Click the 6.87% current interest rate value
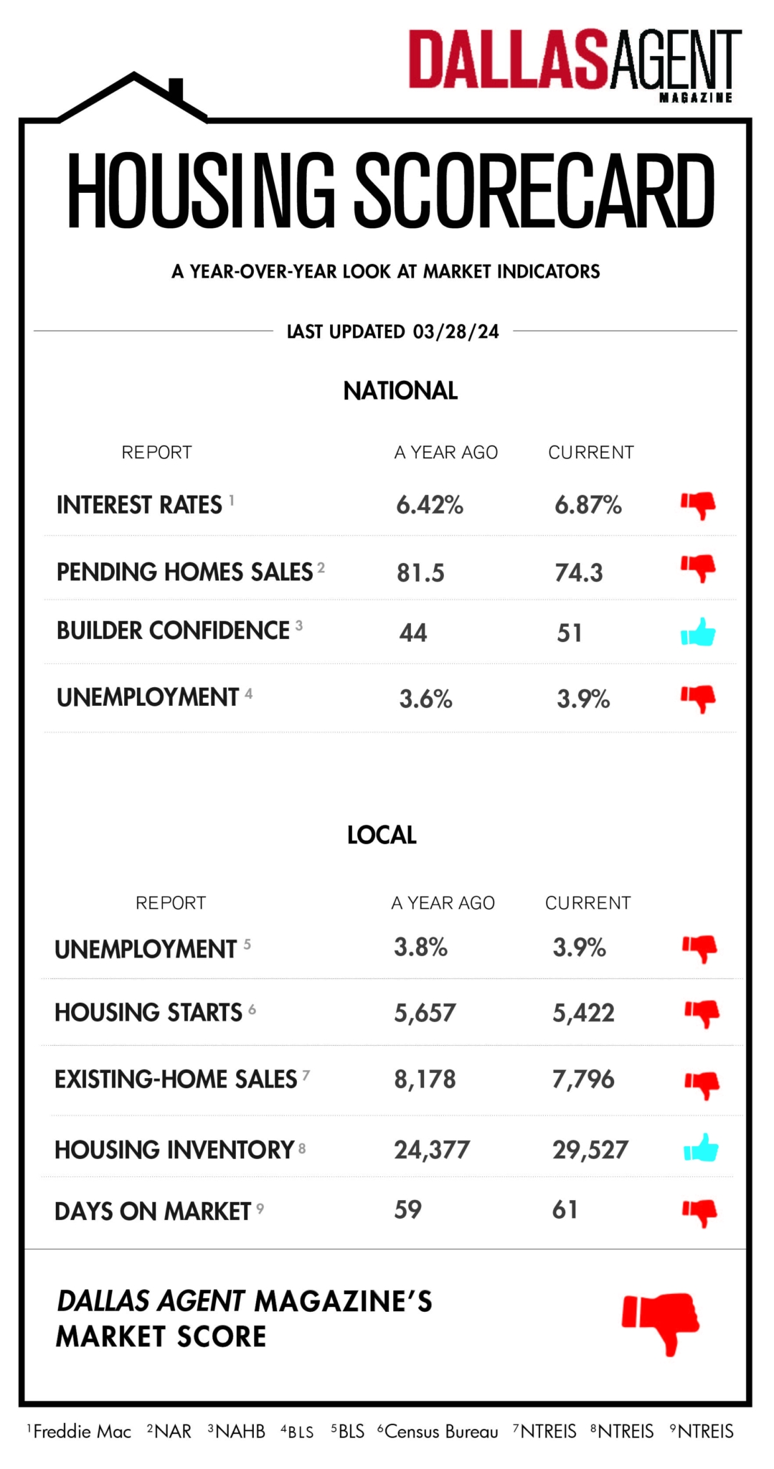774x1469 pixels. [x=587, y=505]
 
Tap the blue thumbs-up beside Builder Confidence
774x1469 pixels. [x=698, y=633]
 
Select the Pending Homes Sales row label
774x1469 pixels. [x=184, y=572]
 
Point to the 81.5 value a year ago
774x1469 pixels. [x=420, y=573]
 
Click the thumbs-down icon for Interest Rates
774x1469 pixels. [x=699, y=505]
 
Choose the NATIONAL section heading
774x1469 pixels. [x=400, y=391]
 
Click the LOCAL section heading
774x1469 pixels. [x=382, y=835]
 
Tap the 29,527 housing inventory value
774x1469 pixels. [x=590, y=1150]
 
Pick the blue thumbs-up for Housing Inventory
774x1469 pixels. [x=701, y=1148]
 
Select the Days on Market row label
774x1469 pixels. [x=153, y=1211]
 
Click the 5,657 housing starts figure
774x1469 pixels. [x=425, y=1013]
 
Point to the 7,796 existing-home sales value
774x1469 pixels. [x=582, y=1080]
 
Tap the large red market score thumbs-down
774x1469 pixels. [x=661, y=1322]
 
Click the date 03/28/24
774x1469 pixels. [x=456, y=331]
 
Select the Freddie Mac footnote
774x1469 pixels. [x=81, y=1432]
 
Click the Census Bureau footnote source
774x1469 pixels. [x=440, y=1432]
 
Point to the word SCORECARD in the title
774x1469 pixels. [x=534, y=192]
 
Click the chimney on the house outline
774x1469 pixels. [x=176, y=90]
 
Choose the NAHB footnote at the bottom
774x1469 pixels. [x=240, y=1432]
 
